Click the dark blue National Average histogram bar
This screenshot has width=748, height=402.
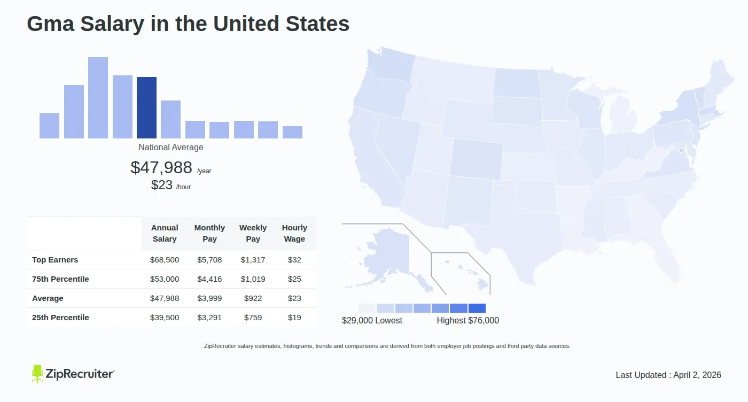[146, 107]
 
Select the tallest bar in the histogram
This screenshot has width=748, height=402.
[98, 97]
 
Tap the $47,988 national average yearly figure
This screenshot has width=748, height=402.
[161, 168]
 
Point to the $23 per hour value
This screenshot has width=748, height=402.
[162, 185]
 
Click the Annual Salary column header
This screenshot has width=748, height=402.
[165, 234]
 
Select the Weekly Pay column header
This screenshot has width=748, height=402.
[253, 234]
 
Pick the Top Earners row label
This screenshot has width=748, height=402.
[55, 260]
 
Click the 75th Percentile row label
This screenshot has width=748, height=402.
[60, 279]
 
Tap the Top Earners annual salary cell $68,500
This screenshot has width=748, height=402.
[165, 260]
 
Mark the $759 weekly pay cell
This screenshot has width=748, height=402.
[253, 318]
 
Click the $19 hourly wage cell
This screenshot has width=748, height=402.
[294, 318]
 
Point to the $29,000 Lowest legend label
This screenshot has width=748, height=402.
[372, 321]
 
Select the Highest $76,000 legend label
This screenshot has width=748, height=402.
[468, 321]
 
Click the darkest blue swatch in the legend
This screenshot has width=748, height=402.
[477, 308]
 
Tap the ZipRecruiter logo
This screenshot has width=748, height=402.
[73, 374]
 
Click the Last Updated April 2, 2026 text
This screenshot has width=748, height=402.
[668, 375]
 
